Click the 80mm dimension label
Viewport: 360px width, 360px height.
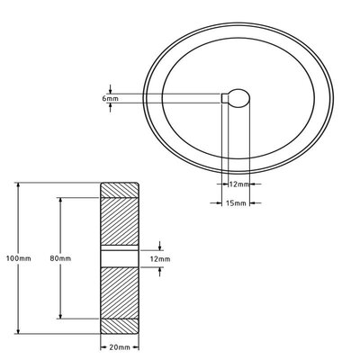(x=61, y=259)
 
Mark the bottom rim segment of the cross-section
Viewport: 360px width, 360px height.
(x=120, y=326)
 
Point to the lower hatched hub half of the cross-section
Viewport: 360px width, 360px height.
(x=120, y=292)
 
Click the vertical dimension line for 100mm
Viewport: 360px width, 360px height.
(x=19, y=225)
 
